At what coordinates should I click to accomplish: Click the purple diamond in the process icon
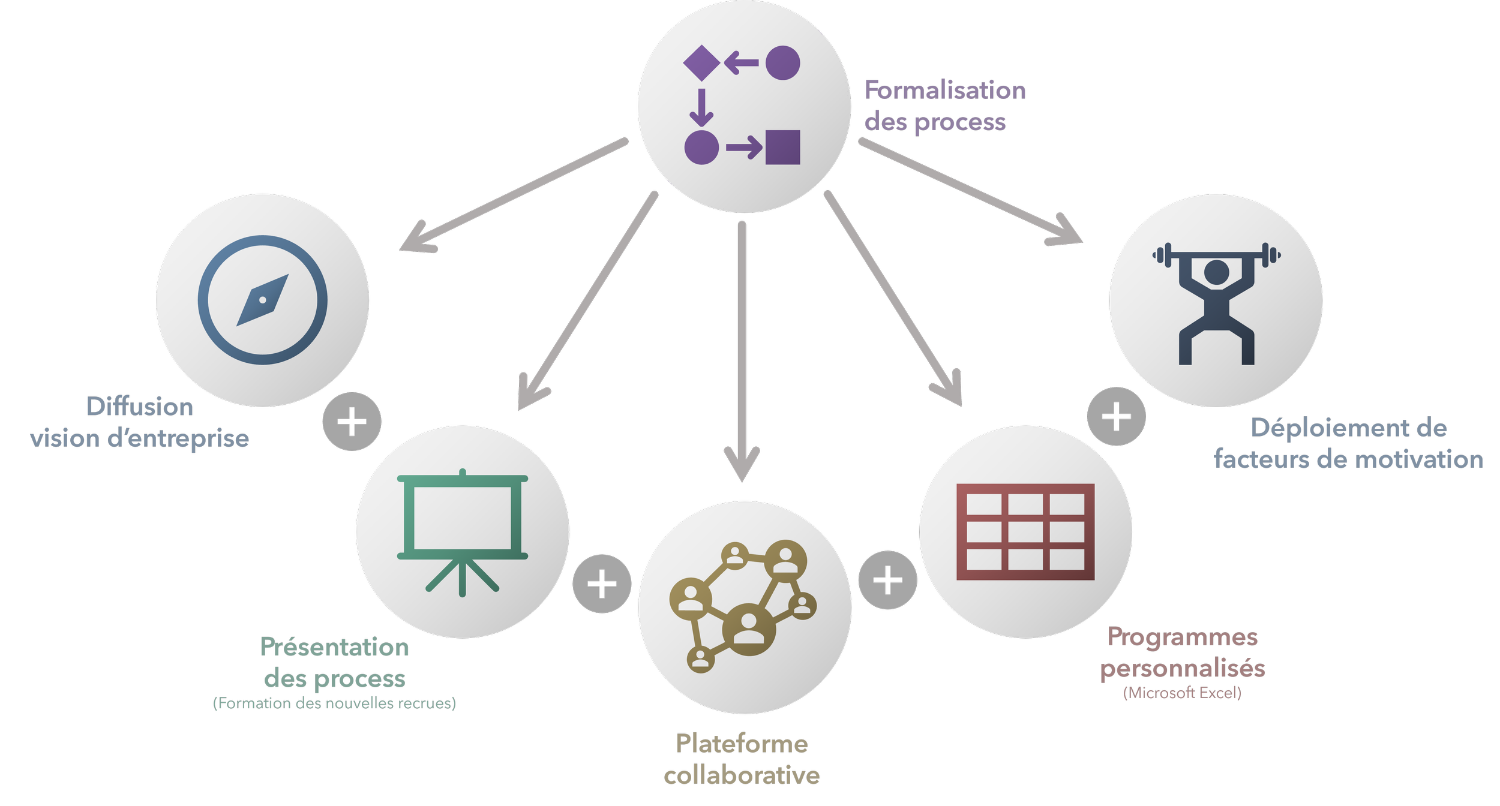(x=701, y=63)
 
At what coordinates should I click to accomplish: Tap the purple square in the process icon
(x=783, y=147)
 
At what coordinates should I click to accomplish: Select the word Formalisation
(x=945, y=91)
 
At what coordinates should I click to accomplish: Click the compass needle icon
(x=263, y=300)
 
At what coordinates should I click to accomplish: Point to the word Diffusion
(x=140, y=407)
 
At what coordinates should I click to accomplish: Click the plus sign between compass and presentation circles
(x=352, y=422)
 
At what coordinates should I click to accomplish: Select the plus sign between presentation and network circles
(x=602, y=584)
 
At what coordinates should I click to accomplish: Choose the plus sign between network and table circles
(x=888, y=580)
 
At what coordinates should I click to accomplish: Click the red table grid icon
(x=1025, y=531)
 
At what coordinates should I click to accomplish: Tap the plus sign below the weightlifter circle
(x=1116, y=417)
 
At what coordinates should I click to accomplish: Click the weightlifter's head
(x=1217, y=272)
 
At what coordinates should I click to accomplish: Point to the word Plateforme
(x=742, y=744)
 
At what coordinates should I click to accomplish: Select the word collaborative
(x=742, y=776)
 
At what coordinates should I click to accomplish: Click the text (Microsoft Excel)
(x=1183, y=693)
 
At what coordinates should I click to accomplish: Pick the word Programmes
(x=1183, y=637)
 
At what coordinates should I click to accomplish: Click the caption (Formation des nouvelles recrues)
(x=335, y=703)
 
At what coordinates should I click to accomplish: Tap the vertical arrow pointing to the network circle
(x=742, y=348)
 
